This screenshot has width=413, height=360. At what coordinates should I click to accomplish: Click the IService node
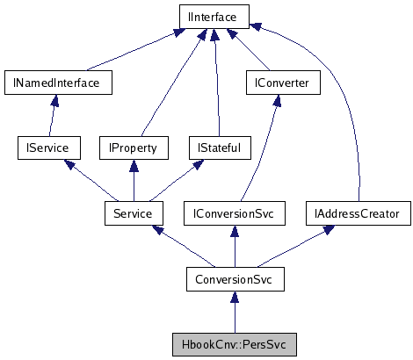[36, 148]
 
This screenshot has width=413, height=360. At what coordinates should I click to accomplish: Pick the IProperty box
[133, 148]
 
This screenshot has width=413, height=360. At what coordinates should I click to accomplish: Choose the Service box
[133, 213]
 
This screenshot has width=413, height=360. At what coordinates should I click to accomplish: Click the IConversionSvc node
[234, 213]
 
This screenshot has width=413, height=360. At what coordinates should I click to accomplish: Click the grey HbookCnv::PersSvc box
[234, 343]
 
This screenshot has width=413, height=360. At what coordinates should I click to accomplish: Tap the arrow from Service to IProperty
[133, 181]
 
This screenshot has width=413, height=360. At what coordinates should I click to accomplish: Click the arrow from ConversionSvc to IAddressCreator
[293, 247]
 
